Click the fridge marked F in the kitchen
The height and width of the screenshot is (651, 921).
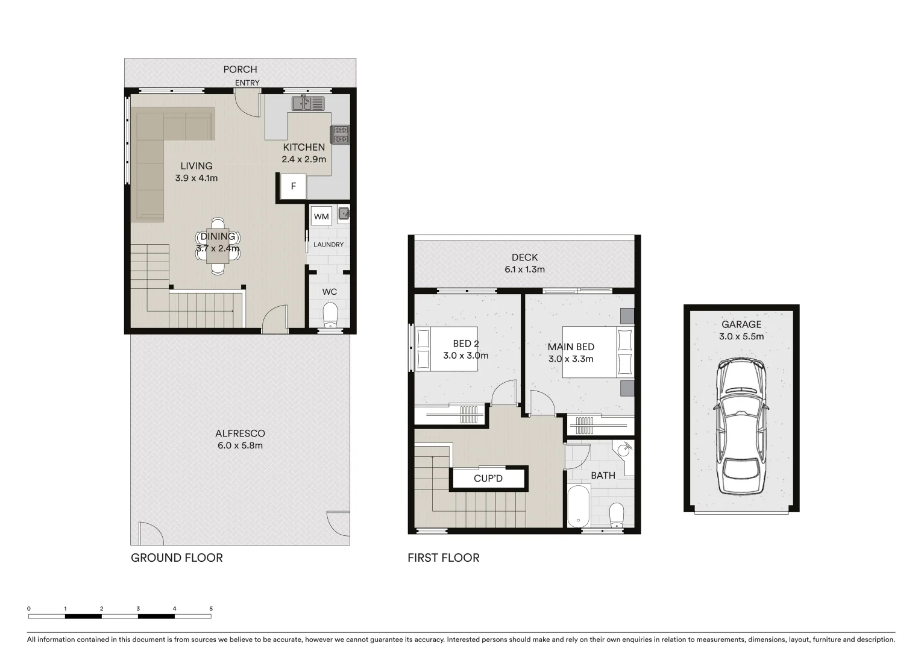[294, 186]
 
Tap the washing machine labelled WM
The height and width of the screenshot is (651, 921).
[321, 216]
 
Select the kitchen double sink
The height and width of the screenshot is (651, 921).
[308, 104]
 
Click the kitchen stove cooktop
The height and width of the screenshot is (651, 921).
[339, 135]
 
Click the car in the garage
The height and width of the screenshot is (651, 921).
[741, 427]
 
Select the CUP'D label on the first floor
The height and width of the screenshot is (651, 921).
[488, 479]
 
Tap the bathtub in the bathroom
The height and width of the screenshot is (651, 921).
[578, 507]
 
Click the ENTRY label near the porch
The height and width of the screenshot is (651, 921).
[247, 83]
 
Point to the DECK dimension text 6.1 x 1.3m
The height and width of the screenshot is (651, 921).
[524, 269]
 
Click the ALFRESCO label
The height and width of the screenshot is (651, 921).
[240, 433]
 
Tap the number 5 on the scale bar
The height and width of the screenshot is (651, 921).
[211, 609]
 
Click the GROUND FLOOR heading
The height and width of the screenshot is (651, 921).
[177, 558]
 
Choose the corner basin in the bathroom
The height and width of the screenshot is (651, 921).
[625, 449]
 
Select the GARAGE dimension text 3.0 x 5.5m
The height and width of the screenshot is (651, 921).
[741, 336]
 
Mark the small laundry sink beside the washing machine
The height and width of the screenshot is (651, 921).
[344, 213]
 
